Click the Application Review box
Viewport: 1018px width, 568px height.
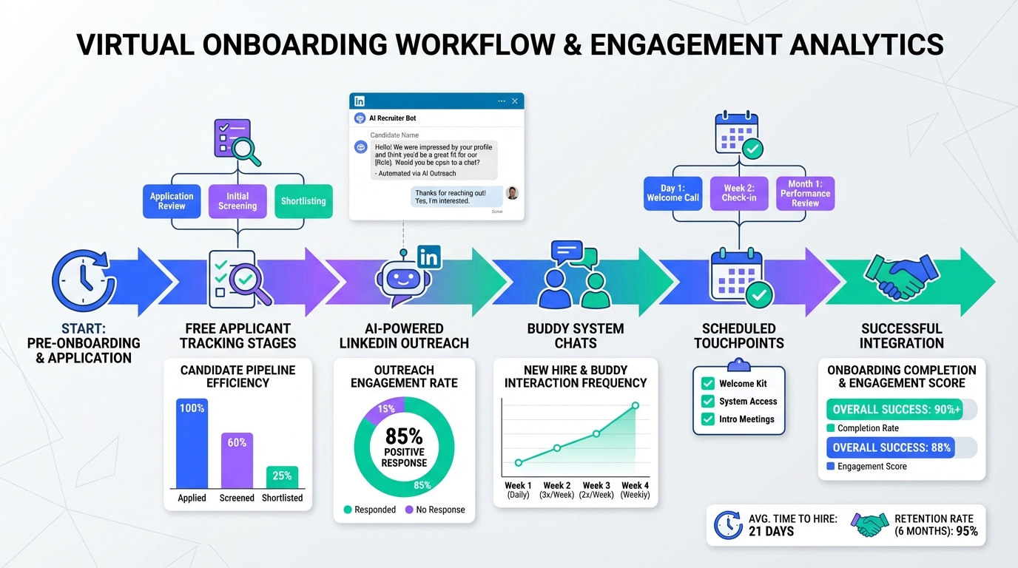click(172, 201)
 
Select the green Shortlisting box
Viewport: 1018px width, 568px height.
click(303, 201)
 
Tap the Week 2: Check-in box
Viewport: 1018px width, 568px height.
click(738, 193)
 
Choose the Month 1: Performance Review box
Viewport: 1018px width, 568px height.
click(805, 193)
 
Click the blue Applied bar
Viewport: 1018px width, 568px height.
click(192, 443)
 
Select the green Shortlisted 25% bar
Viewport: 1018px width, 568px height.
click(282, 477)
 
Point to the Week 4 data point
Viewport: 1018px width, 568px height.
click(635, 405)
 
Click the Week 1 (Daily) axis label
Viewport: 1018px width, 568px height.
click(518, 490)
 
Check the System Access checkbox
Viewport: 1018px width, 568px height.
click(708, 402)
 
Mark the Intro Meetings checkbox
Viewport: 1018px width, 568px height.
click(708, 419)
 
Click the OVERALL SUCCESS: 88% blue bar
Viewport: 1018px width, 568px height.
click(890, 447)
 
